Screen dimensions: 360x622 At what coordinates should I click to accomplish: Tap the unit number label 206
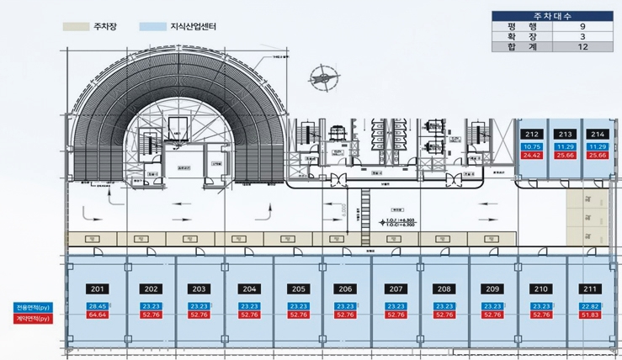pyautogui.click(x=345, y=289)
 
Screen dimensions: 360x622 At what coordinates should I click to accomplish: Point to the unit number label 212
pyautogui.click(x=532, y=135)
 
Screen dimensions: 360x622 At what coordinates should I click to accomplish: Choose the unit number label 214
pyautogui.click(x=597, y=135)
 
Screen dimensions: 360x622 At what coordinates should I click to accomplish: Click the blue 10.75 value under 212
pyautogui.click(x=532, y=147)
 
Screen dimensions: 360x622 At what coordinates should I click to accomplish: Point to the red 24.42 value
pyautogui.click(x=532, y=156)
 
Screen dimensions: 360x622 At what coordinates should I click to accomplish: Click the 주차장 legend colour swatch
pyautogui.click(x=77, y=27)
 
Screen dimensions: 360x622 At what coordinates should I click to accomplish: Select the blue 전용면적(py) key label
pyautogui.click(x=30, y=306)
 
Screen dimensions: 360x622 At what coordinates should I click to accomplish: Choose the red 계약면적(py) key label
pyautogui.click(x=30, y=319)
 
